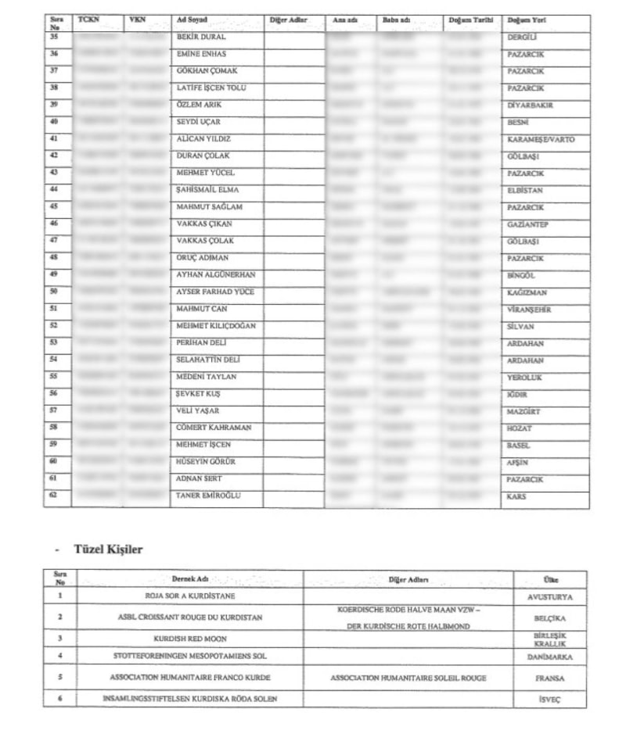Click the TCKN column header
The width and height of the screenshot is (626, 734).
88,18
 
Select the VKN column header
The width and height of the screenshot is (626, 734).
138,18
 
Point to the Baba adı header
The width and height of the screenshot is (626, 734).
398,19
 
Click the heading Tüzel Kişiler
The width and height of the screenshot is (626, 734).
108,550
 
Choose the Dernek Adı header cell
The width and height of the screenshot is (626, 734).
189,579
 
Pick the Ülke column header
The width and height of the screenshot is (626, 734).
550,579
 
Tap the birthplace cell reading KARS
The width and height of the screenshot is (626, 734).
516,496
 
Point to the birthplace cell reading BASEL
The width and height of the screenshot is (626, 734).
519,446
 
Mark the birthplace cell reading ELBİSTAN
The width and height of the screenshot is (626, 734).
525,190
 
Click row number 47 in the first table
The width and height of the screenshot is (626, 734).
54,240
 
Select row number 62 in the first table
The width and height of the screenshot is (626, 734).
54,496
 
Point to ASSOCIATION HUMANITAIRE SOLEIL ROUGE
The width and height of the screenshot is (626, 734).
408,678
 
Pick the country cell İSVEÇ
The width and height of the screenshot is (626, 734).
550,698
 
